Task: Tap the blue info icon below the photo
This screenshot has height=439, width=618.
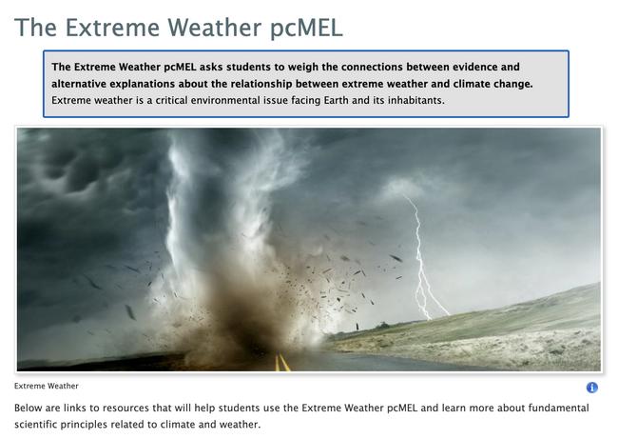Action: (591, 388)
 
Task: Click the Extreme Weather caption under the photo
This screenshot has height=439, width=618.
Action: (47, 387)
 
